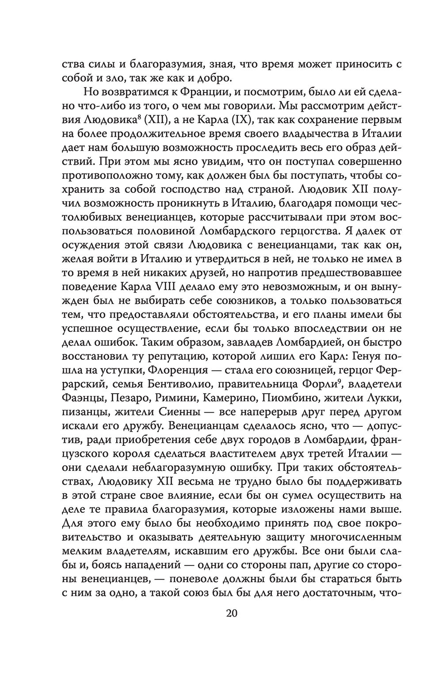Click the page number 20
point(232,613)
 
